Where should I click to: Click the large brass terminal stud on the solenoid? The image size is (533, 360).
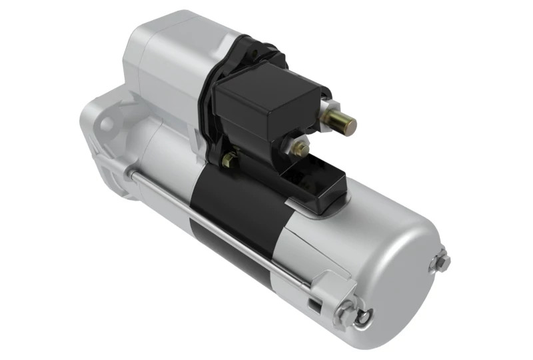point(340,121)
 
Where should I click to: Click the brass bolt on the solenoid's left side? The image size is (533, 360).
point(229,159)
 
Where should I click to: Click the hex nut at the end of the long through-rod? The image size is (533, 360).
point(344,310)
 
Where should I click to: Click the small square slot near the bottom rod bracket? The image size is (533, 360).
point(312,305)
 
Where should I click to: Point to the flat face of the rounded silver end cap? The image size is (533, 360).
point(393,267)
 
